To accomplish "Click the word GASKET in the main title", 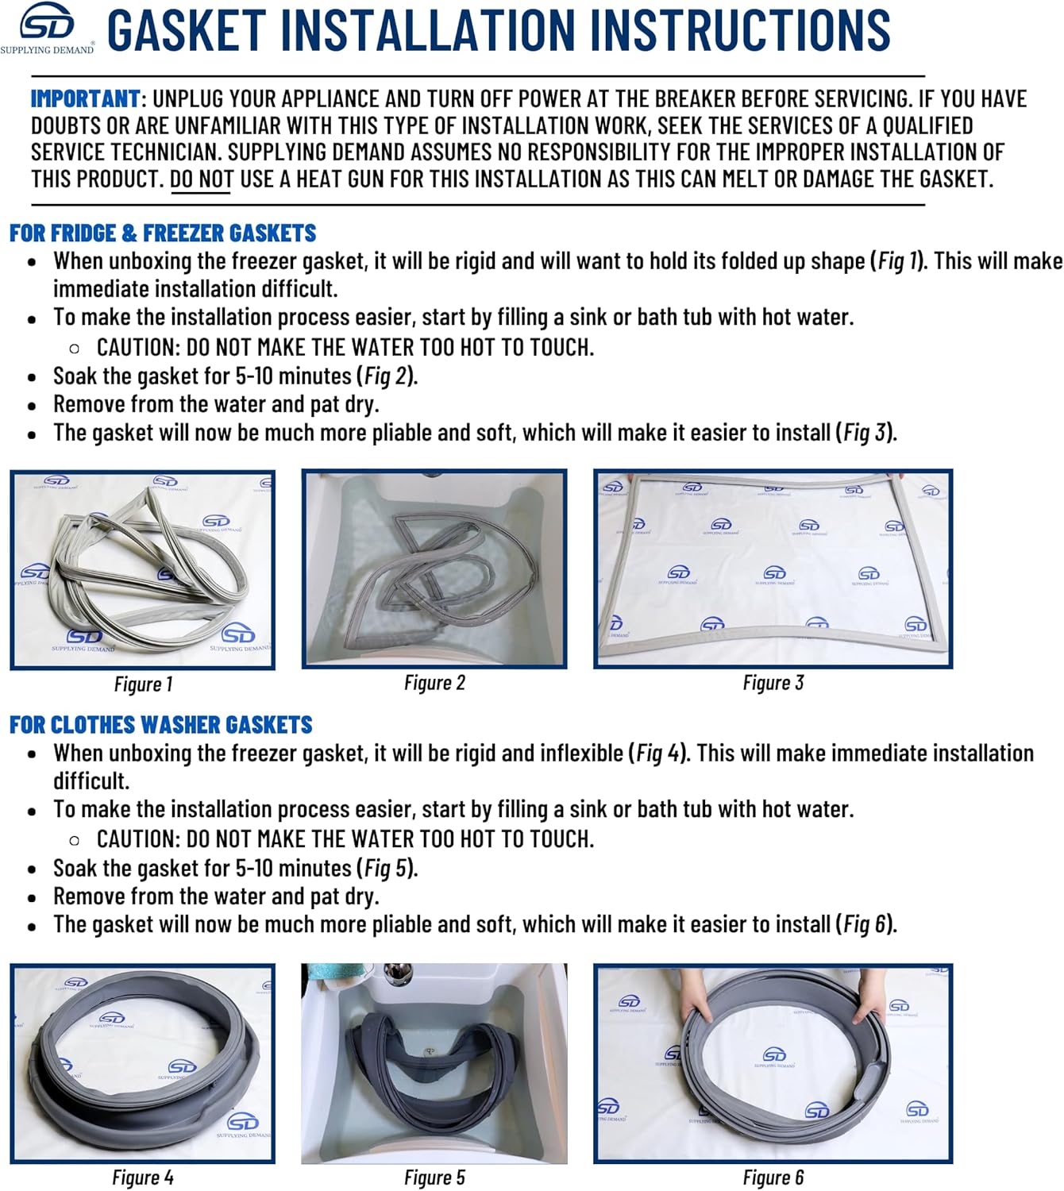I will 187,30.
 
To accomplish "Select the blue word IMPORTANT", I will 85,98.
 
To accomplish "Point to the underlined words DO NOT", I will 202,179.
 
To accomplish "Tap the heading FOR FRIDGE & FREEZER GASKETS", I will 163,233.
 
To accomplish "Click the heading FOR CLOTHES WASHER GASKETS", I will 161,725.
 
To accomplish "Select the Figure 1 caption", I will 143,684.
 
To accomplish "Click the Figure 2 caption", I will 434,683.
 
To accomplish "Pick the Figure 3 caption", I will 773,683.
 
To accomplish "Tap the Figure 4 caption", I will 143,1177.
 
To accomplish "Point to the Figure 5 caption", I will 434,1177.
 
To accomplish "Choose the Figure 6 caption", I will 773,1177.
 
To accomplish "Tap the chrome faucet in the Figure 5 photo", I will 397,974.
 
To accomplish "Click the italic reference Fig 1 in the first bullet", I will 897,261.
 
